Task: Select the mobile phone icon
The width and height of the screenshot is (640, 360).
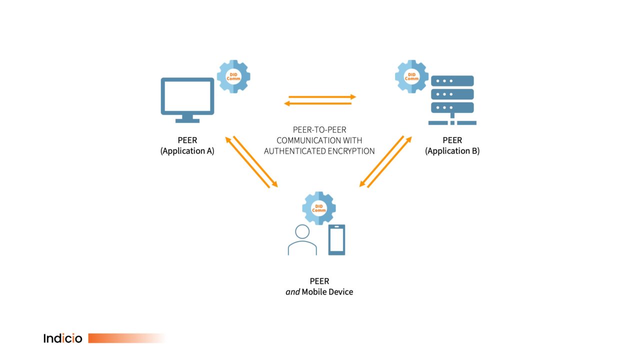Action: coord(336,240)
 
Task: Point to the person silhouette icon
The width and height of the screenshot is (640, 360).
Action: coord(302,240)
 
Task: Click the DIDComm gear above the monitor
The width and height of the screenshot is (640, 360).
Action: coord(233,76)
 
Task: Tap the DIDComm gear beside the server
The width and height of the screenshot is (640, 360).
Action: coord(411,76)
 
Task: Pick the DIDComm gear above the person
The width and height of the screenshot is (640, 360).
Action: coord(319,208)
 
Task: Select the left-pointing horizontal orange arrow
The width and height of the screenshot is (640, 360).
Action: coord(317,103)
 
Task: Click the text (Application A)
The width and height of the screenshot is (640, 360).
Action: coord(187,151)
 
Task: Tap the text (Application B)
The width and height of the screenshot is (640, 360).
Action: coord(452,151)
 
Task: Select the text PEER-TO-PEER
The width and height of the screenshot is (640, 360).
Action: coord(319,130)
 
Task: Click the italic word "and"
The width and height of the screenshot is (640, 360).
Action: coord(292,292)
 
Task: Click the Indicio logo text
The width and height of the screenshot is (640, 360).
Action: coord(62,338)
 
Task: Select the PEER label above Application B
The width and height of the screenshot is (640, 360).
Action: coord(452,140)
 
